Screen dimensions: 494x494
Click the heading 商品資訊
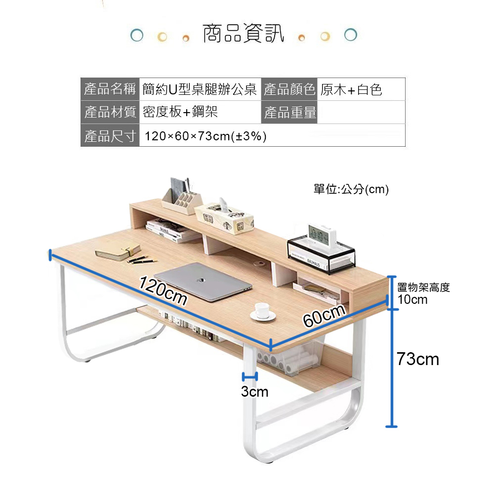[243, 34]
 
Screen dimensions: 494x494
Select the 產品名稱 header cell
[110, 89]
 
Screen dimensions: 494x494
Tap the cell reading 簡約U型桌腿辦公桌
[200, 89]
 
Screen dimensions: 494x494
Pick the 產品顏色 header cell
[289, 89]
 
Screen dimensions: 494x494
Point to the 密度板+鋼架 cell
[180, 112]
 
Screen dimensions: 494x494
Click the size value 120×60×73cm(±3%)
[206, 136]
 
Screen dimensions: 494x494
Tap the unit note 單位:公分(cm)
[351, 189]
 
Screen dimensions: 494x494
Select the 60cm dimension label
[324, 316]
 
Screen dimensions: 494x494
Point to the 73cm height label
[418, 359]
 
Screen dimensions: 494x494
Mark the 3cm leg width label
[254, 392]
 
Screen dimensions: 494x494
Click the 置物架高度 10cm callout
[423, 293]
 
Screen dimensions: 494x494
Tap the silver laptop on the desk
[203, 282]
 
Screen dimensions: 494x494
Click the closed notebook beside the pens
[118, 252]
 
